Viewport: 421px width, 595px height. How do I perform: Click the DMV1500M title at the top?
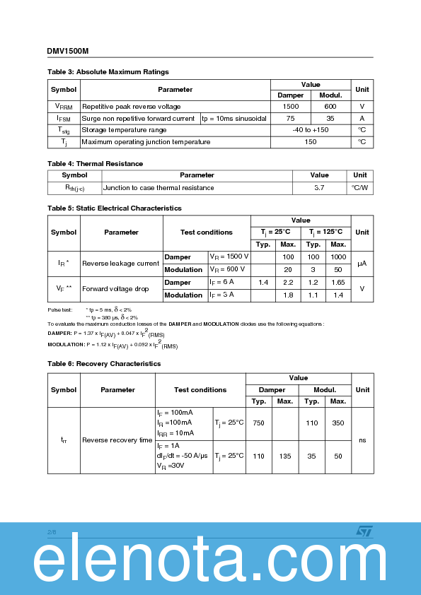point(68,52)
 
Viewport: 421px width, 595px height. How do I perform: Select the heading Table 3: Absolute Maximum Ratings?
point(108,72)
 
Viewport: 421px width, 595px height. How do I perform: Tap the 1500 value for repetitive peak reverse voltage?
point(290,107)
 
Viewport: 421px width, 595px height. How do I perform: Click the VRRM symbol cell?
point(63,107)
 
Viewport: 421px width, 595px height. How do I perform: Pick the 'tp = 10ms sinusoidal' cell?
point(234,119)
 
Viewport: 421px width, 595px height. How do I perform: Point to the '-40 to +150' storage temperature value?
point(311,130)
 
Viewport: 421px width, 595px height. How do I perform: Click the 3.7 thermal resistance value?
point(319,188)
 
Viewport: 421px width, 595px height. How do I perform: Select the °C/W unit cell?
point(360,188)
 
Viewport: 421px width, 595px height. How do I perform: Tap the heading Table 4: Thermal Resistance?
point(95,164)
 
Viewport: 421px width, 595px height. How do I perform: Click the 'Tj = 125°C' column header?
point(325,232)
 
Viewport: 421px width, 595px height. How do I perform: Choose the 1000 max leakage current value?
point(338,257)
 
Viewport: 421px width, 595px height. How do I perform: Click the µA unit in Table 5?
point(362,264)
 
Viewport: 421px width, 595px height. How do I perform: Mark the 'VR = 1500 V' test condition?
point(229,257)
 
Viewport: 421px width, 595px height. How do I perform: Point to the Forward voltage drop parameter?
point(115,288)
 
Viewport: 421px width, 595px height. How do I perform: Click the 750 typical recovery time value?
point(258,423)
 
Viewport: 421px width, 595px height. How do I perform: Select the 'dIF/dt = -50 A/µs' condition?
point(183,456)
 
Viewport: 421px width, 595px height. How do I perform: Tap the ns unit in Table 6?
point(362,440)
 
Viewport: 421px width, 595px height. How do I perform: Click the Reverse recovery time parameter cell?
point(117,440)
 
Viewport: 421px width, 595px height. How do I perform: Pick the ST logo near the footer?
point(363,530)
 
